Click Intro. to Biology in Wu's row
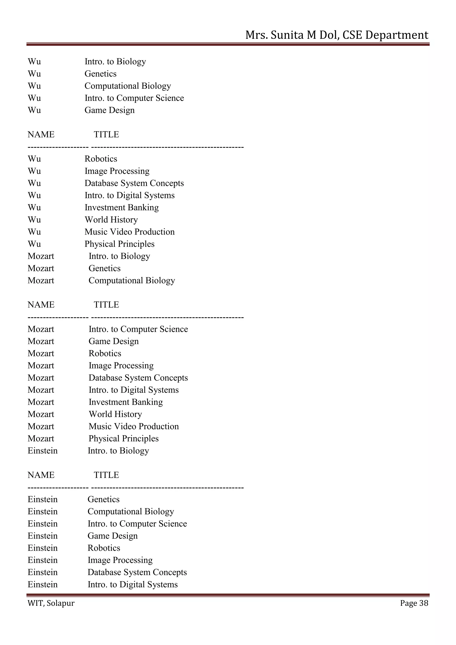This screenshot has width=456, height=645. click(115, 61)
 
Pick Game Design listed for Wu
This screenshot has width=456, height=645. click(110, 110)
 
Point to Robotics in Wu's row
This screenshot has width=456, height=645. click(101, 159)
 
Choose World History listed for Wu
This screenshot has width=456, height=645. click(111, 220)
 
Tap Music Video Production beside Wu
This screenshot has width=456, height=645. click(129, 232)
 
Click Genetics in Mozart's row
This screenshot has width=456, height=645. click(104, 268)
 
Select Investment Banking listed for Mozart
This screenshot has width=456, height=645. click(126, 402)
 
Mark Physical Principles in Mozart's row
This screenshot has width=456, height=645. click(124, 439)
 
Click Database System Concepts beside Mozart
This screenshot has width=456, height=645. click(138, 378)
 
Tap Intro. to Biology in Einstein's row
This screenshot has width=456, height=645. click(118, 451)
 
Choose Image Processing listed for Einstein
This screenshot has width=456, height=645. click(120, 560)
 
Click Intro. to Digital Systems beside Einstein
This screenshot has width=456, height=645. click(132, 584)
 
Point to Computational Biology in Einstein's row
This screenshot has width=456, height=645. click(130, 512)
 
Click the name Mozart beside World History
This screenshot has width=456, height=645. click(41, 414)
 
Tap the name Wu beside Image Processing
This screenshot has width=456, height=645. click(34, 171)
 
